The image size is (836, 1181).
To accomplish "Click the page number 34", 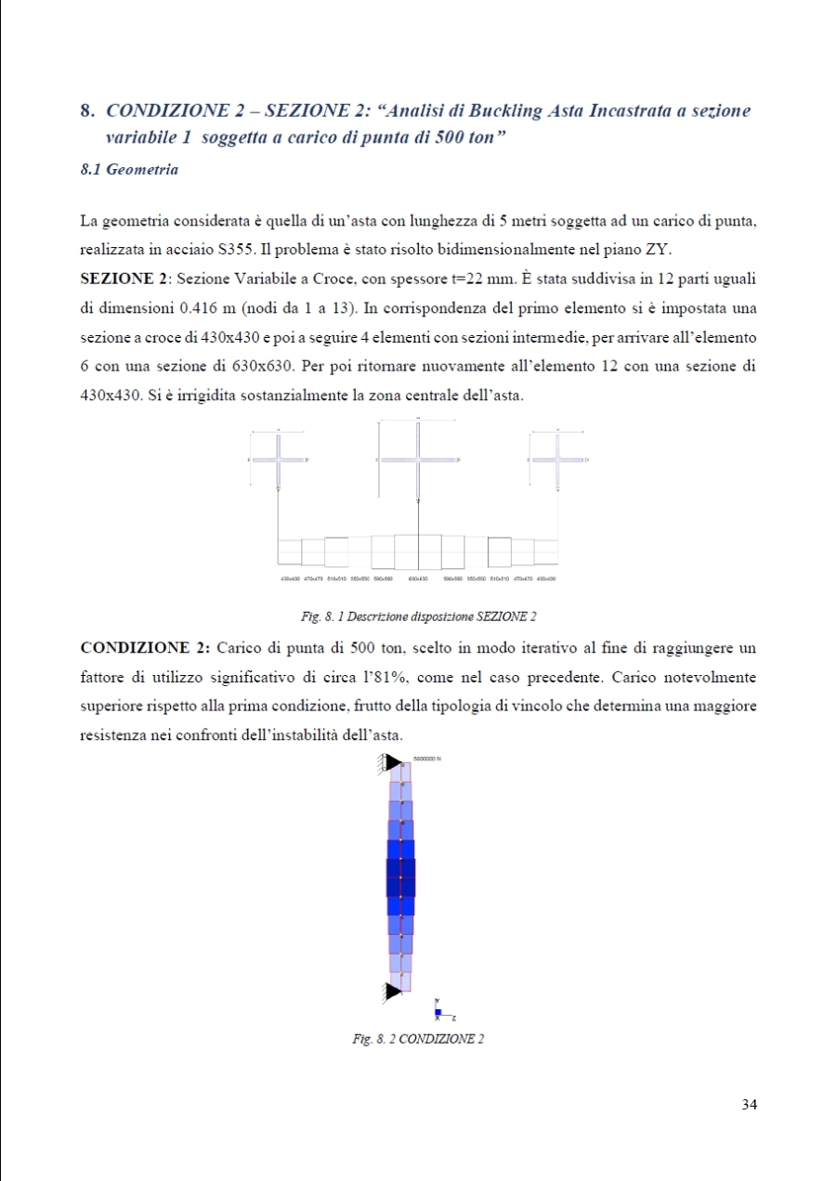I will [x=751, y=1104].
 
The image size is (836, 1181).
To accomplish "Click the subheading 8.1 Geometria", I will [x=130, y=170].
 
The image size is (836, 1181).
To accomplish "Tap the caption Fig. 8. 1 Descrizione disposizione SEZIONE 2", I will [x=419, y=616].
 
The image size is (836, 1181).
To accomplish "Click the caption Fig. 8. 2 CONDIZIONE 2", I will [x=418, y=1038].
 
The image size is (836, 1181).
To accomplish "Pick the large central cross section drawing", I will [x=418, y=461].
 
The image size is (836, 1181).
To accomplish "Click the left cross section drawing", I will [x=279, y=460].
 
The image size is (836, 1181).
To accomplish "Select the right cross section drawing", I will [x=558, y=460].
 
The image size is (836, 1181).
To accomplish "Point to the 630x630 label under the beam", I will [x=418, y=578].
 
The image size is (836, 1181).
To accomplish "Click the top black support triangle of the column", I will [x=393, y=761].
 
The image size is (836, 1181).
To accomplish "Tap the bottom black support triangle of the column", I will [x=393, y=992].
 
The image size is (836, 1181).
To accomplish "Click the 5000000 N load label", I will [x=427, y=759].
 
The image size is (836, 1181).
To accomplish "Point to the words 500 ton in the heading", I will [x=467, y=134].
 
